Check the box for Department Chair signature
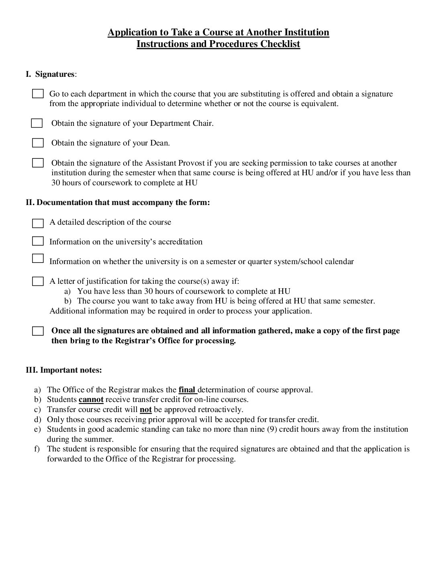[37, 123]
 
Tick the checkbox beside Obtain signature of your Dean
[38, 143]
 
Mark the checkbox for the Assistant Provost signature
[38, 163]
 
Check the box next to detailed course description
[38, 223]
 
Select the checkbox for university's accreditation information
[38, 241]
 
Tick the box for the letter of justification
[38, 281]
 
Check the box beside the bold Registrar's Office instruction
[38, 331]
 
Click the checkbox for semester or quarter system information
[38, 258]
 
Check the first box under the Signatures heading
[38, 94]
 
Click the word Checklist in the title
[280, 44]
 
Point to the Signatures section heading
[55, 74]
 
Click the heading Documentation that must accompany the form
[118, 202]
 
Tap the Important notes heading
[64, 370]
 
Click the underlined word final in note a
[187, 390]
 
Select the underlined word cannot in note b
[91, 400]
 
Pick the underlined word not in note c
[145, 410]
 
